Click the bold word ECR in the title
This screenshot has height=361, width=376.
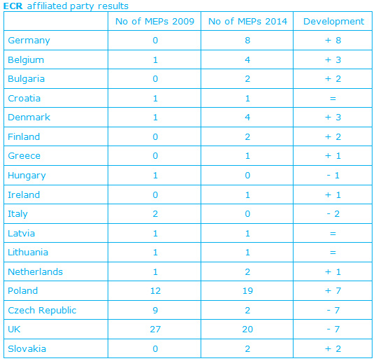[13, 6]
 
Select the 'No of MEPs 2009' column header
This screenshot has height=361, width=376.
[154, 22]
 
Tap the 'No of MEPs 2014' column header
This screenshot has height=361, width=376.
[247, 22]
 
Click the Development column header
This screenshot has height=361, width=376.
[333, 22]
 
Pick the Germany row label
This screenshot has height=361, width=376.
[29, 41]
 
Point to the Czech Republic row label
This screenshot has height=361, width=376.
[42, 311]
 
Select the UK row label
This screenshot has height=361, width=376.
[14, 330]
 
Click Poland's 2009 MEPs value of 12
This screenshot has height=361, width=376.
[155, 291]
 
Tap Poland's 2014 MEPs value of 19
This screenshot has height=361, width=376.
[247, 291]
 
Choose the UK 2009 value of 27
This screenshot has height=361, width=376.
[155, 330]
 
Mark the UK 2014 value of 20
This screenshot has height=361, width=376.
[247, 330]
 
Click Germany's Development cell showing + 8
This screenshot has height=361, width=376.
[333, 41]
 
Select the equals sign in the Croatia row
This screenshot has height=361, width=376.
[333, 99]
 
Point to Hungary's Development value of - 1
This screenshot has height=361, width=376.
[333, 176]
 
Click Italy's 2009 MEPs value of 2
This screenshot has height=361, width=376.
[155, 214]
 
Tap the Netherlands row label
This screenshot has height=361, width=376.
[35, 271]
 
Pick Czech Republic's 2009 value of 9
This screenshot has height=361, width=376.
[155, 311]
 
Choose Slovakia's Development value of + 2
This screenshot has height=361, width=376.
[333, 349]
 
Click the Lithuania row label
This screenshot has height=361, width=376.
[28, 253]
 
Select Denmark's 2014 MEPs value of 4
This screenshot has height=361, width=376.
[247, 118]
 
